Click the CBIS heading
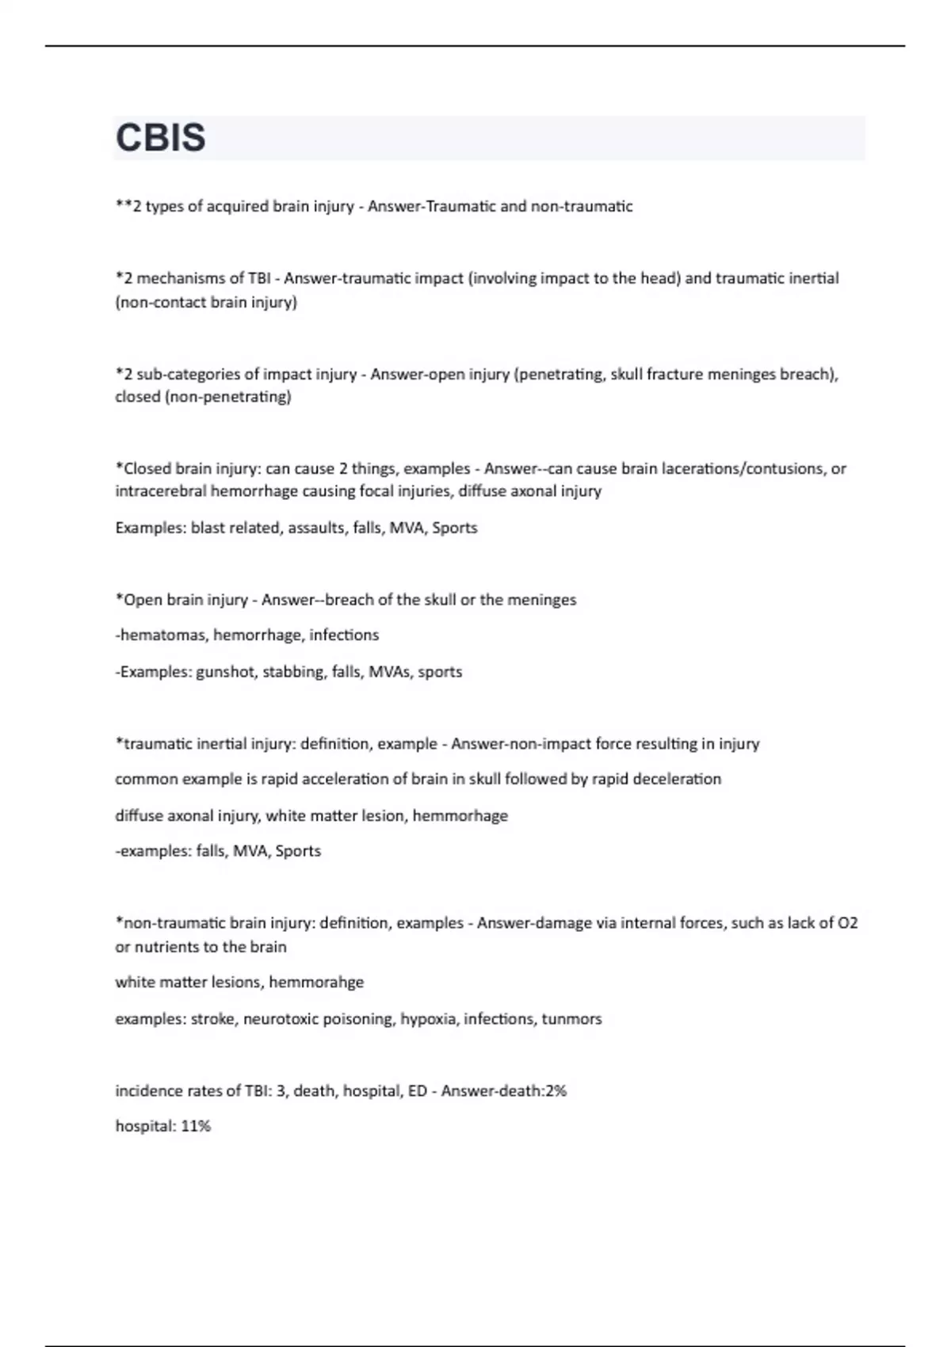(x=161, y=138)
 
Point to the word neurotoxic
(x=279, y=1019)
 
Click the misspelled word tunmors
(x=571, y=1019)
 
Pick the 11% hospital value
(x=196, y=1126)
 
